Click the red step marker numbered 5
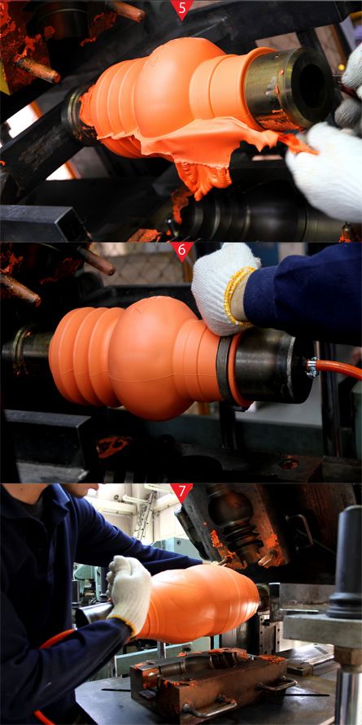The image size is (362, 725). (x=181, y=8)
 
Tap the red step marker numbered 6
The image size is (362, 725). (x=181, y=251)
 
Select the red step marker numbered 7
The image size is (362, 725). (x=181, y=492)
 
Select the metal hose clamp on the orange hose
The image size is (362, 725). (x=312, y=368)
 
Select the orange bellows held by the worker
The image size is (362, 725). (x=198, y=604)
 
